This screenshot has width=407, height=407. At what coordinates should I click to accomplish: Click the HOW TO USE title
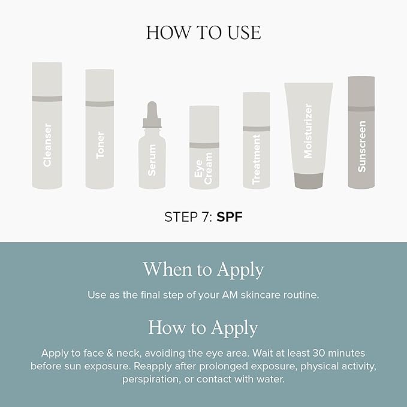(x=203, y=32)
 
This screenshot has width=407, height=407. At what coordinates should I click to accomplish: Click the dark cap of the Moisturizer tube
(x=309, y=180)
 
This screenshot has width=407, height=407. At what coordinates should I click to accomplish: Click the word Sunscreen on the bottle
(x=361, y=146)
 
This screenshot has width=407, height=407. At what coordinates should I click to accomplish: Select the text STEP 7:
(x=188, y=217)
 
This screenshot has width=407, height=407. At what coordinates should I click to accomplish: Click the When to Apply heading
(x=203, y=269)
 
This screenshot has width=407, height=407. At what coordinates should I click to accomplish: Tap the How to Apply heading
(x=203, y=328)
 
